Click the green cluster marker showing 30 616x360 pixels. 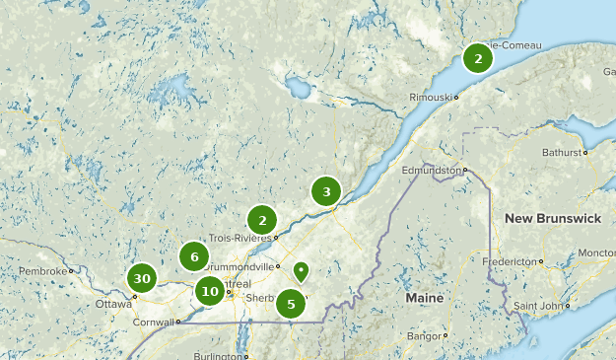click(x=142, y=279)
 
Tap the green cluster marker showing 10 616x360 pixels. click(x=209, y=291)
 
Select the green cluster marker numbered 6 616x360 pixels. click(x=194, y=257)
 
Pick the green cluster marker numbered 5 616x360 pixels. click(x=291, y=305)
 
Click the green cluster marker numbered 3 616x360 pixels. click(x=326, y=191)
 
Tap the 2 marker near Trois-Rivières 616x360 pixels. click(x=261, y=220)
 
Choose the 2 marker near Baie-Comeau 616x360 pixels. click(x=478, y=59)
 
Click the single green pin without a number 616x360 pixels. click(x=301, y=271)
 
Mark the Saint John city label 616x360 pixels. click(x=537, y=305)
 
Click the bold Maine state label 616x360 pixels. click(x=425, y=297)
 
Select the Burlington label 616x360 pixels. click(x=216, y=355)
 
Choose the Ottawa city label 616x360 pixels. click(x=113, y=304)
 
